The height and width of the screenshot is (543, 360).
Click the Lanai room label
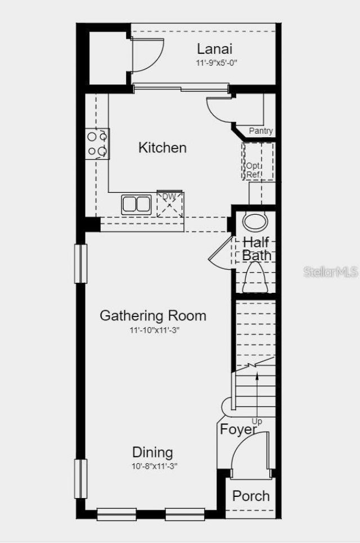(214, 49)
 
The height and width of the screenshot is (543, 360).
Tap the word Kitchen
(163, 148)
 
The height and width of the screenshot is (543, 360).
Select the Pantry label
(260, 131)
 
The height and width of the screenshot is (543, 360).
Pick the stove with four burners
(97, 143)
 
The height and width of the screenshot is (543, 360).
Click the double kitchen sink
(137, 203)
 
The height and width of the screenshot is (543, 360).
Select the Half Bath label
(257, 248)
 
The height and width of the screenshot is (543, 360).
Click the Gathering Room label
(153, 315)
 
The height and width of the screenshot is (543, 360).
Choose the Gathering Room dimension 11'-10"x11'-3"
(153, 330)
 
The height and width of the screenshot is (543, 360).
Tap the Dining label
(152, 452)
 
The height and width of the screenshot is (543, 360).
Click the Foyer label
(238, 429)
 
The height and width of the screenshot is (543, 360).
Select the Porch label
(251, 496)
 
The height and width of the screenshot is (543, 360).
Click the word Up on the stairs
(257, 421)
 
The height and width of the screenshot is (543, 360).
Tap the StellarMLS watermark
(331, 272)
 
